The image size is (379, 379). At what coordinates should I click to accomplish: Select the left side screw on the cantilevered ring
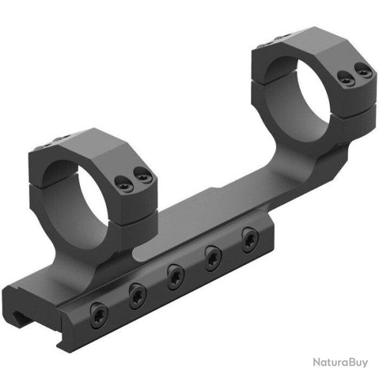pyautogui.click(x=344, y=78)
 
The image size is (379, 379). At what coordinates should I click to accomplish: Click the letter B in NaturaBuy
pyautogui.click(x=347, y=361)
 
